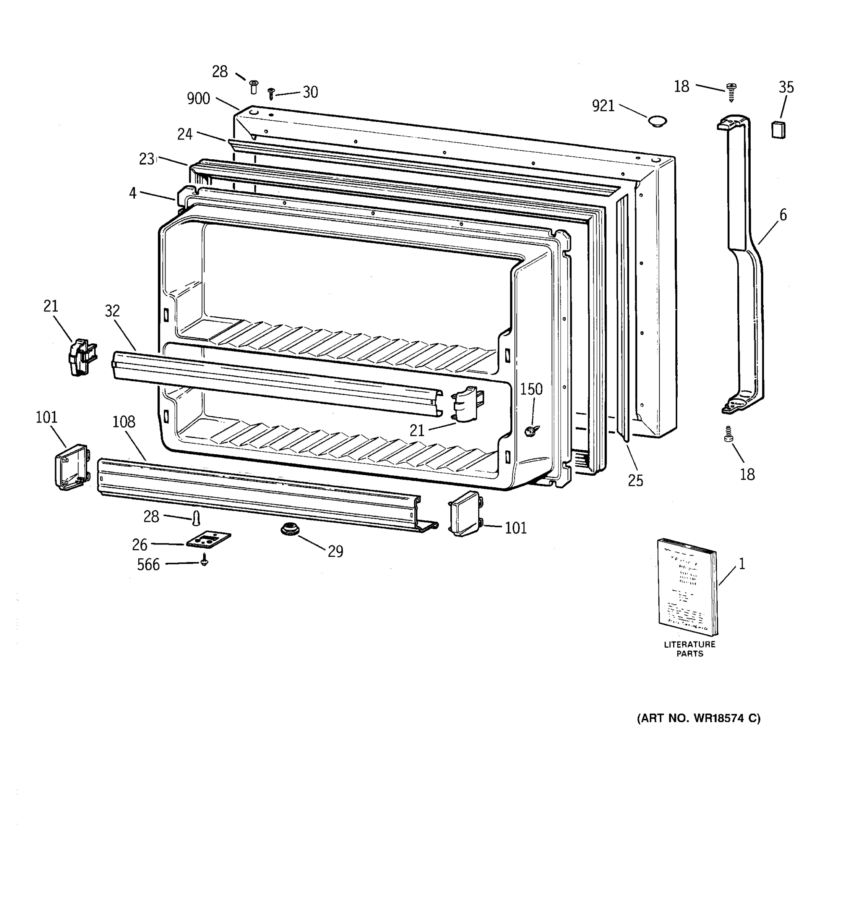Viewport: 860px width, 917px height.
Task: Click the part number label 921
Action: tap(603, 106)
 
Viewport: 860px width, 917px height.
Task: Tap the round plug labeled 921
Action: tap(657, 122)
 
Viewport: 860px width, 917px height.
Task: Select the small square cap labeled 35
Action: tap(778, 130)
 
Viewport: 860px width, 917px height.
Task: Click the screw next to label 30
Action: tap(271, 93)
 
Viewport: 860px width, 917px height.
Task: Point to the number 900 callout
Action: tap(198, 99)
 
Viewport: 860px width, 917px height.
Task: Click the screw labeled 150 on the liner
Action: tap(531, 431)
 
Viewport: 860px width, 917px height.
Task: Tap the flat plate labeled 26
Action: tap(208, 539)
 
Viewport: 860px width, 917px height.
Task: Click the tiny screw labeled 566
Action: tap(204, 561)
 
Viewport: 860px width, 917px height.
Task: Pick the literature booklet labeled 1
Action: tap(688, 587)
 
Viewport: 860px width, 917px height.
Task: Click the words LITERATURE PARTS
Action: tap(689, 648)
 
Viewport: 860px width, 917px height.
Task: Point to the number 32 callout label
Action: tap(112, 311)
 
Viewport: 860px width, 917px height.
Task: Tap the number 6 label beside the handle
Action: tap(783, 215)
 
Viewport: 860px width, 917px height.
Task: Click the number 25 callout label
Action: tap(635, 481)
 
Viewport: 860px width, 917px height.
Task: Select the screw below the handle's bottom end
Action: tap(729, 434)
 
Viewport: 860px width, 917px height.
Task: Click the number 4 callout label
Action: tap(133, 193)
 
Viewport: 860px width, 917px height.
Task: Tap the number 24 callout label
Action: tap(185, 134)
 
